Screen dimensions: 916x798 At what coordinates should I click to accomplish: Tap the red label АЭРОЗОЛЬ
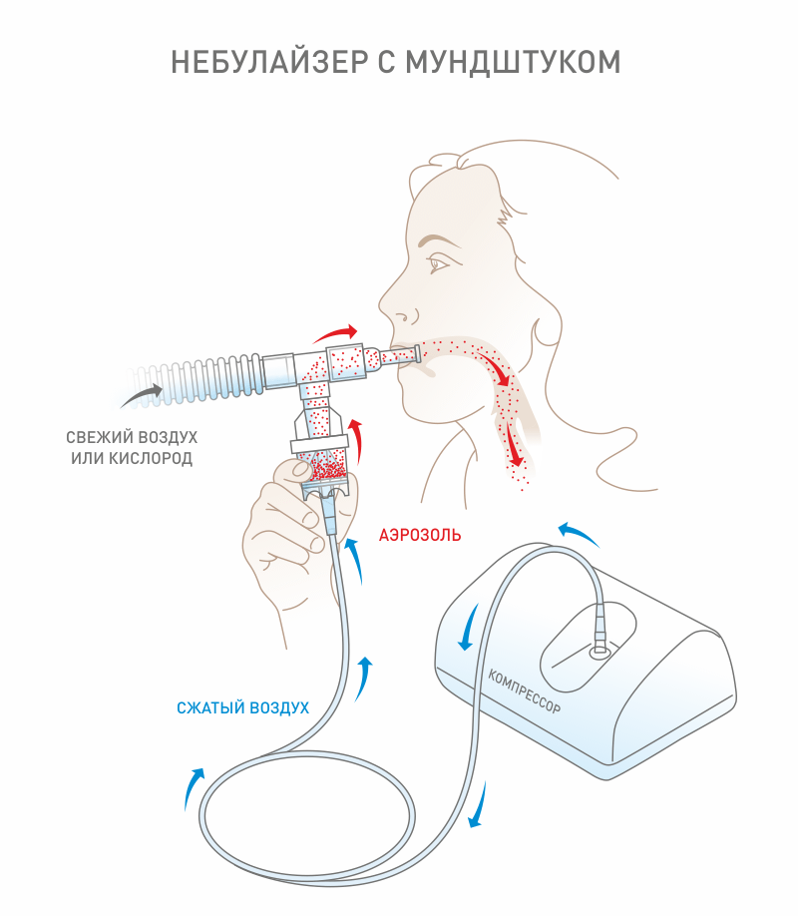tap(419, 535)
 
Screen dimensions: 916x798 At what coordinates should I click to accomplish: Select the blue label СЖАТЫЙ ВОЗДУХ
tap(242, 707)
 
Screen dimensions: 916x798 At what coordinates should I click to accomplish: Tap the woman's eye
tap(440, 264)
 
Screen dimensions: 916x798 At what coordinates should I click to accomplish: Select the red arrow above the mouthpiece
tap(337, 333)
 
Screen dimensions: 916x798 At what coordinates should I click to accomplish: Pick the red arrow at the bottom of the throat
tap(515, 445)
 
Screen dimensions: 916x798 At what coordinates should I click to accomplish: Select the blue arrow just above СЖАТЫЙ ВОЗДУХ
tap(365, 674)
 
